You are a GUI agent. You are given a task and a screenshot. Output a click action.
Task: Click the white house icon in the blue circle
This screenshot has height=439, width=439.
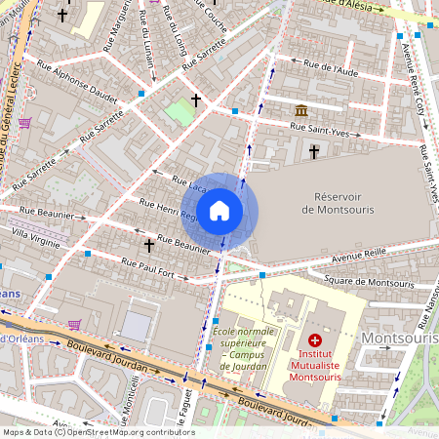(219, 210)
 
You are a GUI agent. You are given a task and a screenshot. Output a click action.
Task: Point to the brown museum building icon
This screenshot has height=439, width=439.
(301, 111)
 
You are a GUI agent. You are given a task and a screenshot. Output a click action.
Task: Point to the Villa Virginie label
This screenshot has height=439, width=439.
(35, 236)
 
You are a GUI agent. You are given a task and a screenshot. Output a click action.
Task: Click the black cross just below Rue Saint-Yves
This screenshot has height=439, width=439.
(314, 151)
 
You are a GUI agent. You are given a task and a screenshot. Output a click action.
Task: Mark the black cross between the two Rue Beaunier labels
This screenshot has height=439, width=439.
(149, 245)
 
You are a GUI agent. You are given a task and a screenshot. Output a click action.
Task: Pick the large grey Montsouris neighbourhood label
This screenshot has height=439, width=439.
(398, 338)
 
